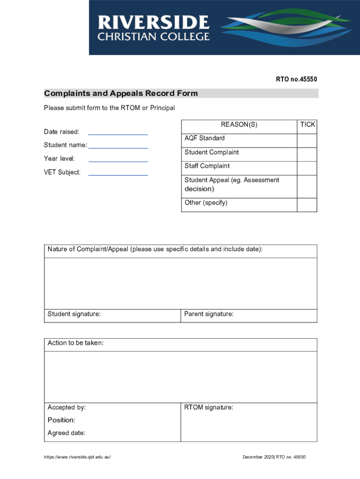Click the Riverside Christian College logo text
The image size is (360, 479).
pos(153,28)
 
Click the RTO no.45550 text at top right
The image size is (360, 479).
pos(296,80)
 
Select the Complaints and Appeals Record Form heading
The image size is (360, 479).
pos(121,94)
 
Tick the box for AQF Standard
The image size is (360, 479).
pos(307,140)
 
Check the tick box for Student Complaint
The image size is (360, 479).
pos(307,154)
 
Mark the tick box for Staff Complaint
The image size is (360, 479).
pos(307,168)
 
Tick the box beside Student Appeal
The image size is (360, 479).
pos(307,186)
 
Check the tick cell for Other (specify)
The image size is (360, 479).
pos(307,204)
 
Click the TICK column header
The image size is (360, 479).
pos(307,125)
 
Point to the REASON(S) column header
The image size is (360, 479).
pos(239,125)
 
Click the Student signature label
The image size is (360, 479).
pos(74,314)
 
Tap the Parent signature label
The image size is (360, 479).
pos(209,314)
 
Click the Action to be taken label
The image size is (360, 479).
pos(75,343)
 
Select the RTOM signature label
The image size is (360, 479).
pos(209,408)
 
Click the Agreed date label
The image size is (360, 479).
pos(66,433)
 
